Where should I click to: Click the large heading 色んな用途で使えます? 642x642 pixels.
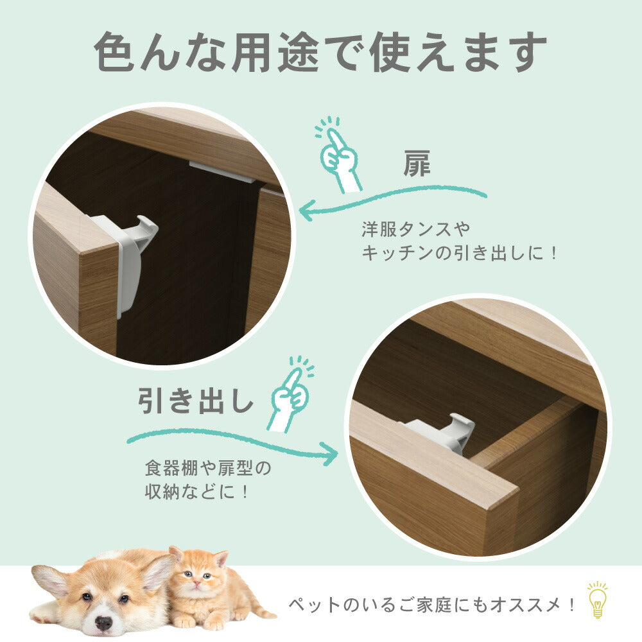click(x=320, y=53)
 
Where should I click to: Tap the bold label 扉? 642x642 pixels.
click(x=417, y=163)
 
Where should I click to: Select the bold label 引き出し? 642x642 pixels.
click(x=196, y=400)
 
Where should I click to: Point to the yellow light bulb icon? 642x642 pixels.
click(x=597, y=600)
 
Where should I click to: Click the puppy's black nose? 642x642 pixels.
click(x=103, y=623)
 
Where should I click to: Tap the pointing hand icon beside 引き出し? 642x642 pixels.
click(x=291, y=394)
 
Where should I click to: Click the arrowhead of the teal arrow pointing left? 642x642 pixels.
click(x=307, y=210)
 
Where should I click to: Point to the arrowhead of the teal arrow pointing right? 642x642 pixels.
click(x=330, y=453)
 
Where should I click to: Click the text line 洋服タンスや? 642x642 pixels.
click(x=416, y=229)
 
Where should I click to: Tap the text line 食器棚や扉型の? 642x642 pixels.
click(x=208, y=468)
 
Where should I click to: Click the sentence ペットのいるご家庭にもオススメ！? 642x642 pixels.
click(x=432, y=605)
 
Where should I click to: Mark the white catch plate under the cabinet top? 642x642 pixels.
click(x=222, y=171)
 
